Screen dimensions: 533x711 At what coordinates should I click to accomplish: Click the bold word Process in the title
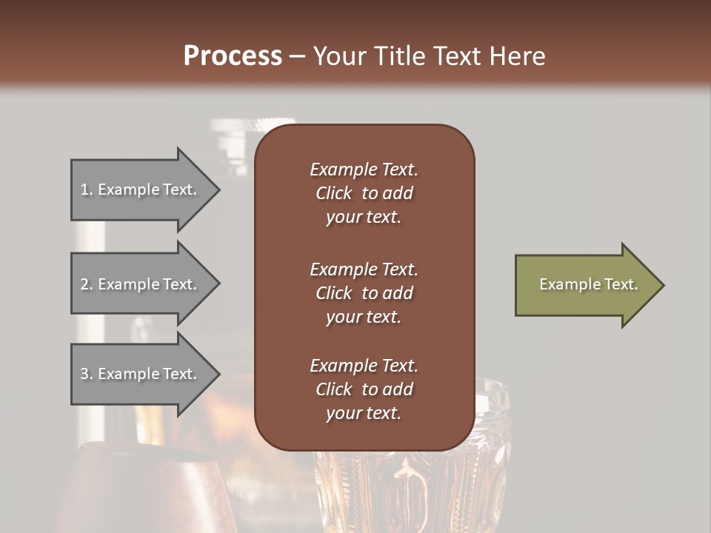(x=233, y=56)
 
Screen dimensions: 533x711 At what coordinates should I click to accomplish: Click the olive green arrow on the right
(x=585, y=285)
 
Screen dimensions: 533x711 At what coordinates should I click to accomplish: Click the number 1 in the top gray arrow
(x=84, y=190)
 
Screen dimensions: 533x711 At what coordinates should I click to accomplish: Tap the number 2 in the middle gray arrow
(x=84, y=284)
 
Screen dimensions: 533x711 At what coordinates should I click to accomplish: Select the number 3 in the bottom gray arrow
(x=84, y=374)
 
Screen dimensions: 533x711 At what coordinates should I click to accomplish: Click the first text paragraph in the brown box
(x=364, y=193)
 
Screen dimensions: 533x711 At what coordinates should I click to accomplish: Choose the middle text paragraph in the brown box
(x=364, y=292)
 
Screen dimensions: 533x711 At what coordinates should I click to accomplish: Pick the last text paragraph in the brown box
(x=364, y=389)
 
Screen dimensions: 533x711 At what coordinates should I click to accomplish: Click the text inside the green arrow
(x=588, y=284)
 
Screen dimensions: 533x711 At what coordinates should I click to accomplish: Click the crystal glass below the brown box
(x=415, y=489)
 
